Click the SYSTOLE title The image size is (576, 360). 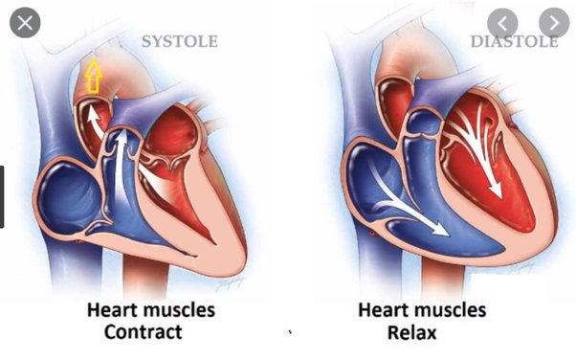[x=179, y=41]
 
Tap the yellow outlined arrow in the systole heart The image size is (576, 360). [x=93, y=76]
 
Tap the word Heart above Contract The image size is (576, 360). [x=110, y=310]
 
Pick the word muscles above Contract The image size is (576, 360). [x=180, y=310]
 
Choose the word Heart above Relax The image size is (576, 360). [x=381, y=310]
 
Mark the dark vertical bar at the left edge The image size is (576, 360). [x=3, y=196]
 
